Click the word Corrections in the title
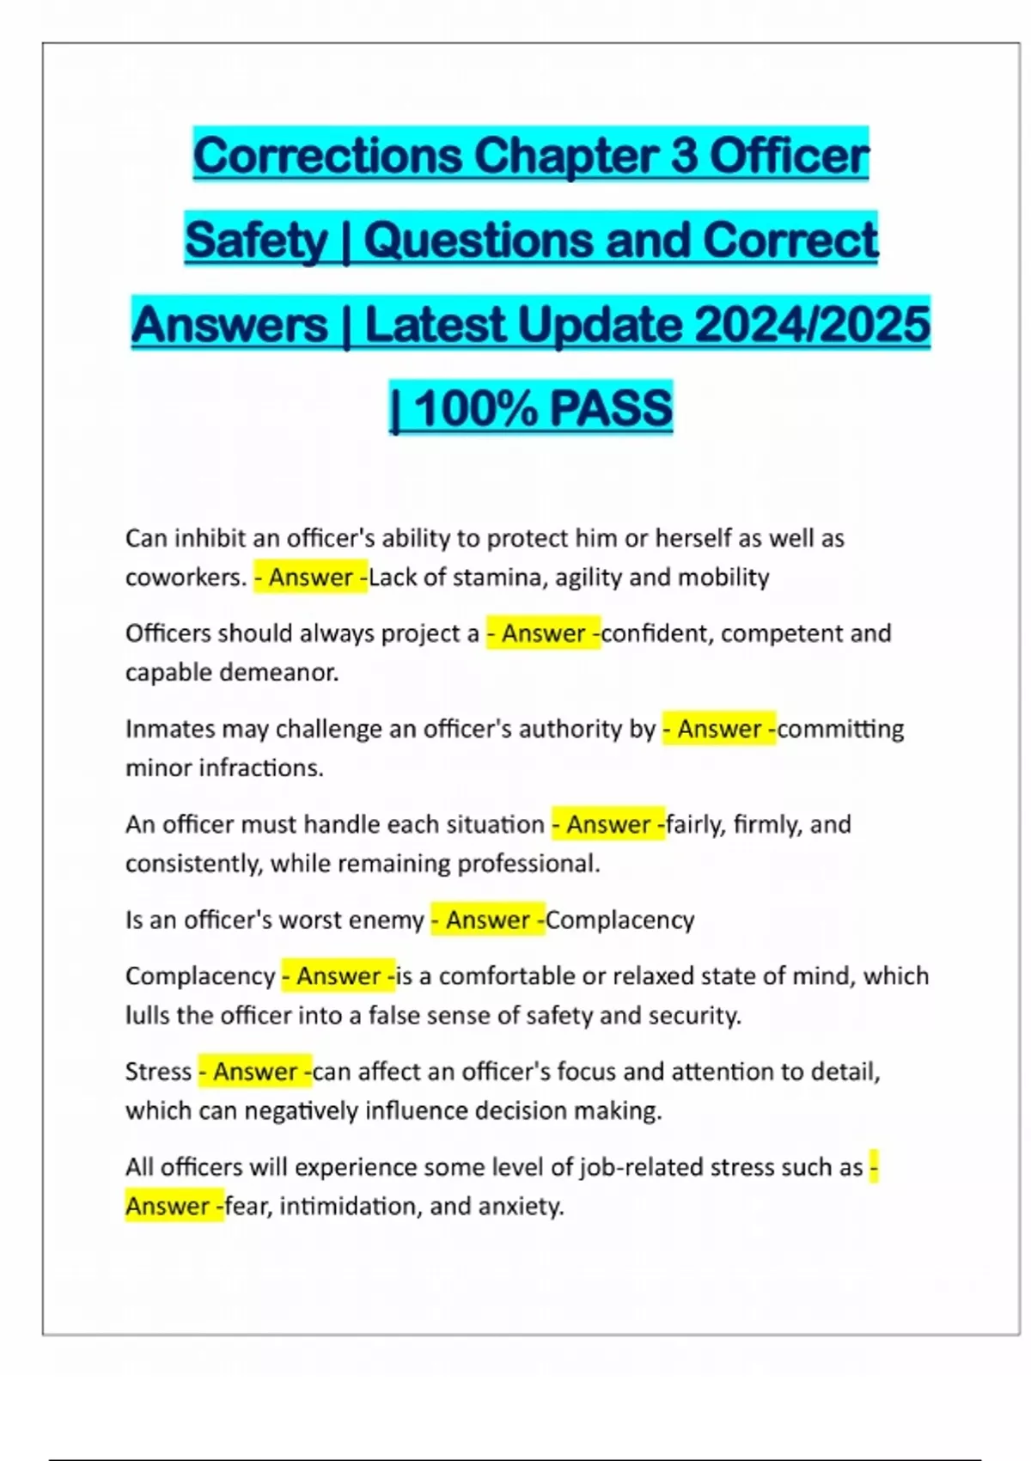point(328,156)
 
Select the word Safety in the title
point(256,240)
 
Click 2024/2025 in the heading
point(811,324)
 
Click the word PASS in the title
point(610,408)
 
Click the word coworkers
point(186,577)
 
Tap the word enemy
point(385,920)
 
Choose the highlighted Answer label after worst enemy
point(487,920)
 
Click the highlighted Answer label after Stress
point(255,1072)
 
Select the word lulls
point(147,1016)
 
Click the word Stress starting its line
point(158,1072)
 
